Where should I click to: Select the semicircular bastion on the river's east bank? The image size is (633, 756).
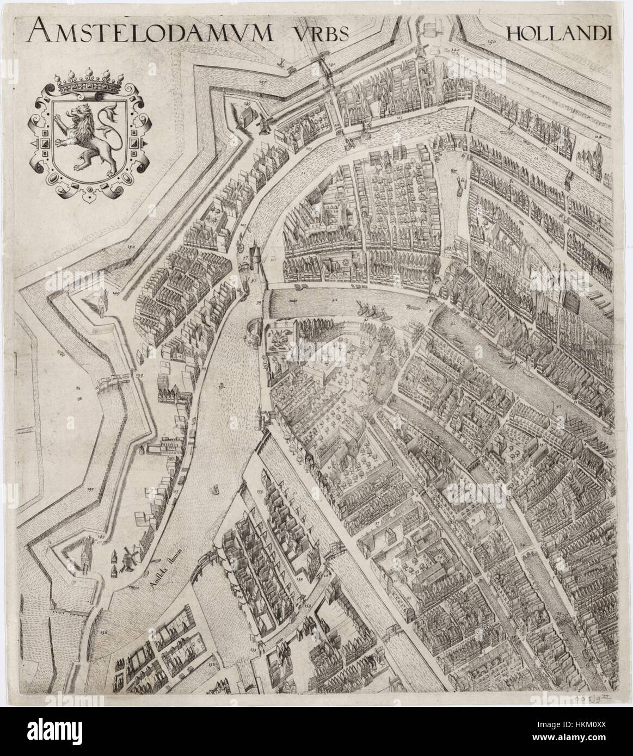[254, 330]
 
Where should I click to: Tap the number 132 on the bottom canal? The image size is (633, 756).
[213, 664]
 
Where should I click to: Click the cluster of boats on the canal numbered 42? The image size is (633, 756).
[370, 309]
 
